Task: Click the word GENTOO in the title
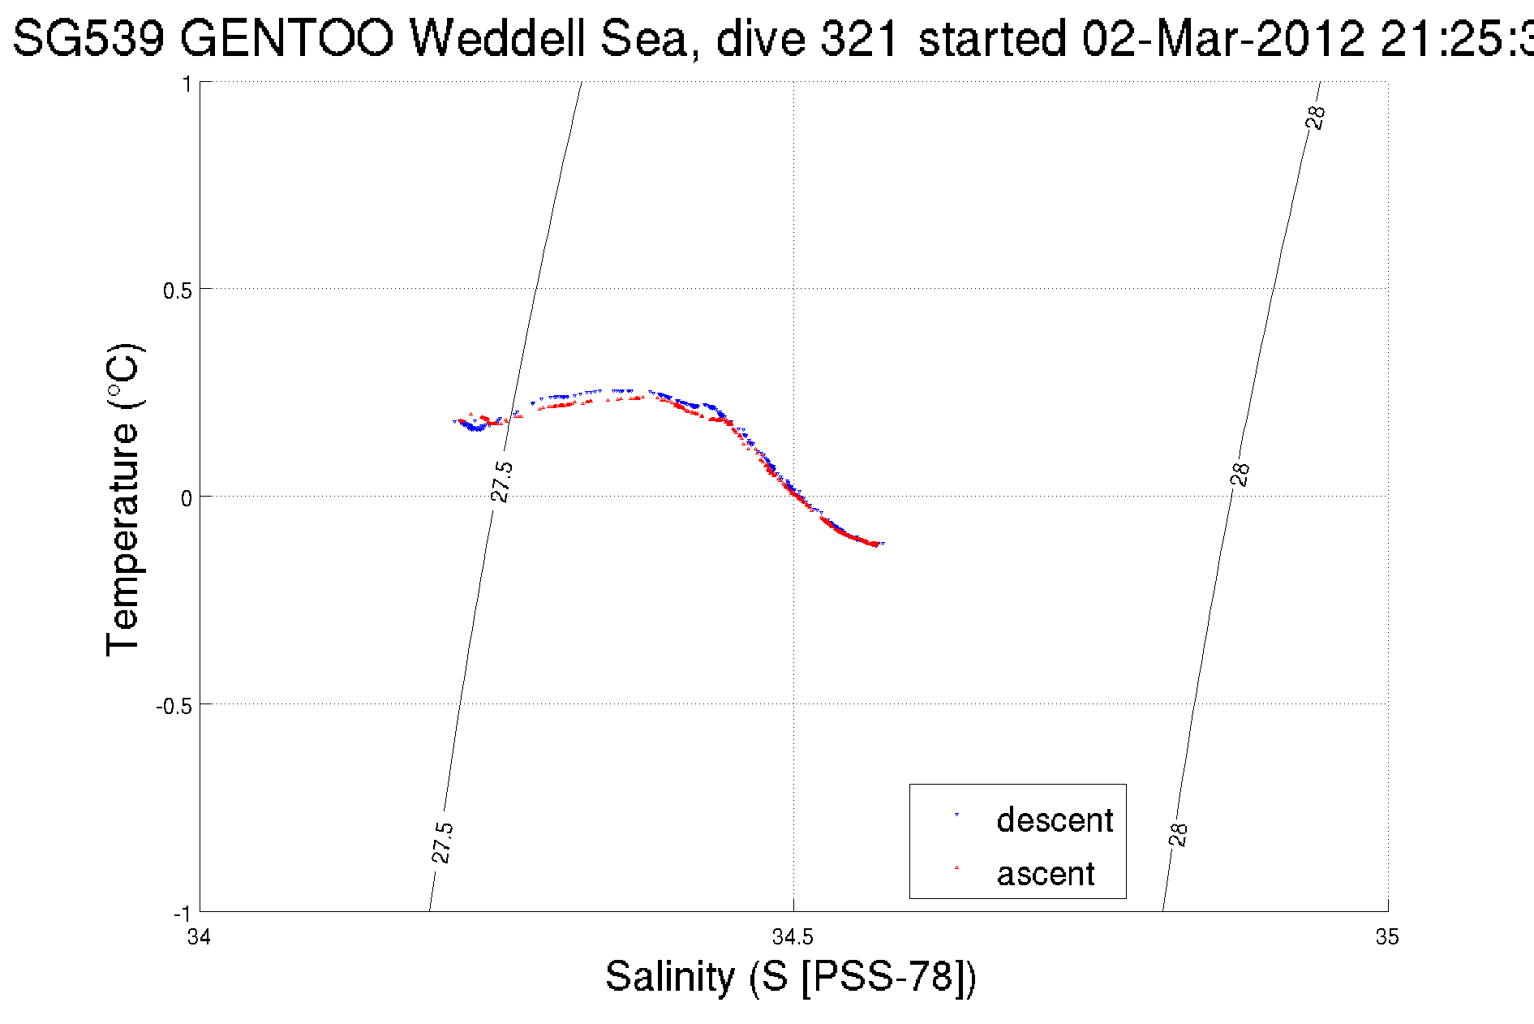(286, 38)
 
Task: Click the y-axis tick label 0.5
(177, 290)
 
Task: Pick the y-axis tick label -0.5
(174, 706)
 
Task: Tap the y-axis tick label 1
(187, 84)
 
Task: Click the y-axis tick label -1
(182, 914)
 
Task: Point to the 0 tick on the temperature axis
(187, 498)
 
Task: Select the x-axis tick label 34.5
(793, 938)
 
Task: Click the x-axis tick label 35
(1387, 938)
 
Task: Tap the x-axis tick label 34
(199, 938)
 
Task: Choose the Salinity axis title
(791, 976)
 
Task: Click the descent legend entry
(1055, 820)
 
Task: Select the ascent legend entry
(1046, 874)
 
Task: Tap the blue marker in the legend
(957, 815)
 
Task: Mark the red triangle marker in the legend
(957, 867)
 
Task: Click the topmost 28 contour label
(1316, 118)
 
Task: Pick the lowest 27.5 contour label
(442, 843)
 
